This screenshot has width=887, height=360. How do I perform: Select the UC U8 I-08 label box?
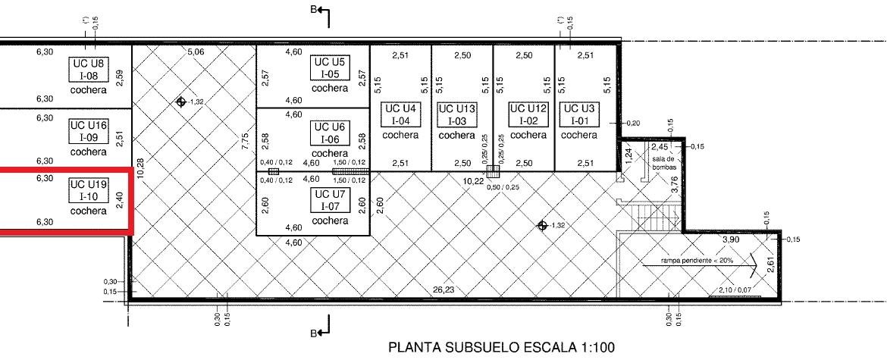coord(88,70)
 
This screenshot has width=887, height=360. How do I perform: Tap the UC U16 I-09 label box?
coord(88,131)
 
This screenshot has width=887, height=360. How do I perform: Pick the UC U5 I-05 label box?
coord(331,67)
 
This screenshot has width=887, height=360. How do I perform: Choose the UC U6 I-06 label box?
coord(331,133)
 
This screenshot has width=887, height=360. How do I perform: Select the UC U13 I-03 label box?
coord(457,114)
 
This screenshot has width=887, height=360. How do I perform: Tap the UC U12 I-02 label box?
coord(528,114)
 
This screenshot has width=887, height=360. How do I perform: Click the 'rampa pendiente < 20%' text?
coord(697,261)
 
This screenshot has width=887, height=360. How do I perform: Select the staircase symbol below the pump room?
coord(657,217)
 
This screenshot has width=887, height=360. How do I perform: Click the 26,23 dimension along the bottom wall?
coord(444,290)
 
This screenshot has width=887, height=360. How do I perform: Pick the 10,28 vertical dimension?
coord(140,168)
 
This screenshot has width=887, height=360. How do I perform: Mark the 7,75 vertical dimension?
coord(244,141)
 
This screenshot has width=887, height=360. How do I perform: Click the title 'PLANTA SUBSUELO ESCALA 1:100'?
coord(501,348)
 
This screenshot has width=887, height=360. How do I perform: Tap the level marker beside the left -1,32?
coord(181,102)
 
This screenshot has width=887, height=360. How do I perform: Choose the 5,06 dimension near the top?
coord(196,52)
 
